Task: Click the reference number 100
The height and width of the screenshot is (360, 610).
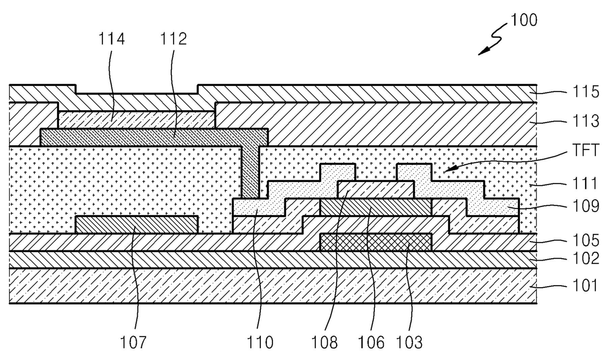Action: [x=524, y=20]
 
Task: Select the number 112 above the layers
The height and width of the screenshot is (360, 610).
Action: [x=174, y=39]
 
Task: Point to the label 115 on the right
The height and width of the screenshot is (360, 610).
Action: [x=586, y=92]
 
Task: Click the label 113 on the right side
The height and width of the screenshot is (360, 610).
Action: [x=586, y=120]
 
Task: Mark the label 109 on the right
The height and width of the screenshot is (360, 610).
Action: [x=586, y=207]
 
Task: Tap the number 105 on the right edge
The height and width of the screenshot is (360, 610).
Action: [x=586, y=240]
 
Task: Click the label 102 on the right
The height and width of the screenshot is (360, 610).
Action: [x=586, y=259]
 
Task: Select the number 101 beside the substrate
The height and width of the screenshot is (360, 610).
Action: [x=586, y=285]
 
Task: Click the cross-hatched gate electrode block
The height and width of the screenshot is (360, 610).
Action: [x=376, y=242]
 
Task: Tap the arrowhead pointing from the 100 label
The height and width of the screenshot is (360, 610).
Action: [x=481, y=52]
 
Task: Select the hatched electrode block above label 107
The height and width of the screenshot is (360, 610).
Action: [x=137, y=225]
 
